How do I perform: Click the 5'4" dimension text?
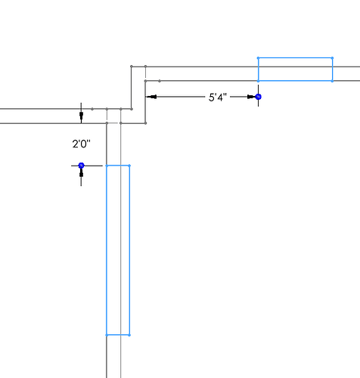(x=218, y=97)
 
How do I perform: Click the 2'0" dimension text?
(x=81, y=144)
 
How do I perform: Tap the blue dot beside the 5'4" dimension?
(x=258, y=97)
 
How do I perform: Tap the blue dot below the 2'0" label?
(x=81, y=166)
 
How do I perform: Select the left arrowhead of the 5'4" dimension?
(x=152, y=97)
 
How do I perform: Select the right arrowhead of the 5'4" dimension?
(x=251, y=97)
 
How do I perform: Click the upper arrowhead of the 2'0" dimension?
(x=81, y=116)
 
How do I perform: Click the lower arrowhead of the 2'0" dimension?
(x=81, y=173)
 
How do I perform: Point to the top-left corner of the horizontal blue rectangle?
(x=258, y=58)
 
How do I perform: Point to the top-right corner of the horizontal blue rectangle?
(x=332, y=58)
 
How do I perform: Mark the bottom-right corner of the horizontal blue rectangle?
(x=332, y=81)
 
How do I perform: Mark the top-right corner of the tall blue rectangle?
(x=129, y=166)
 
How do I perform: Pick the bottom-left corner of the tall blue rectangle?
(x=107, y=335)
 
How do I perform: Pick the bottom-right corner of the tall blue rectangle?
(x=129, y=335)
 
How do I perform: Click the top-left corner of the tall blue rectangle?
(x=107, y=166)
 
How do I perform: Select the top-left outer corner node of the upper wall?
(x=132, y=67)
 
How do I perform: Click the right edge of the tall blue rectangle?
(x=129, y=250)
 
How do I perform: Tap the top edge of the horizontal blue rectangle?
(x=295, y=58)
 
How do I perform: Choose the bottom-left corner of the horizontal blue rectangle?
(x=258, y=81)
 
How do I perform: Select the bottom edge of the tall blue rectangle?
(x=118, y=335)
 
